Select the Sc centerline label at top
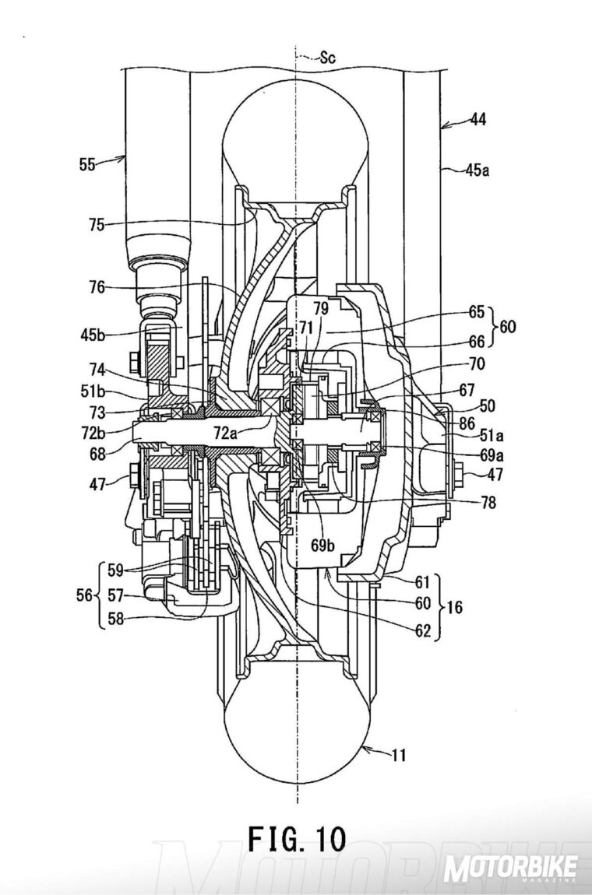(x=329, y=57)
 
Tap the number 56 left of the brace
(x=84, y=595)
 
